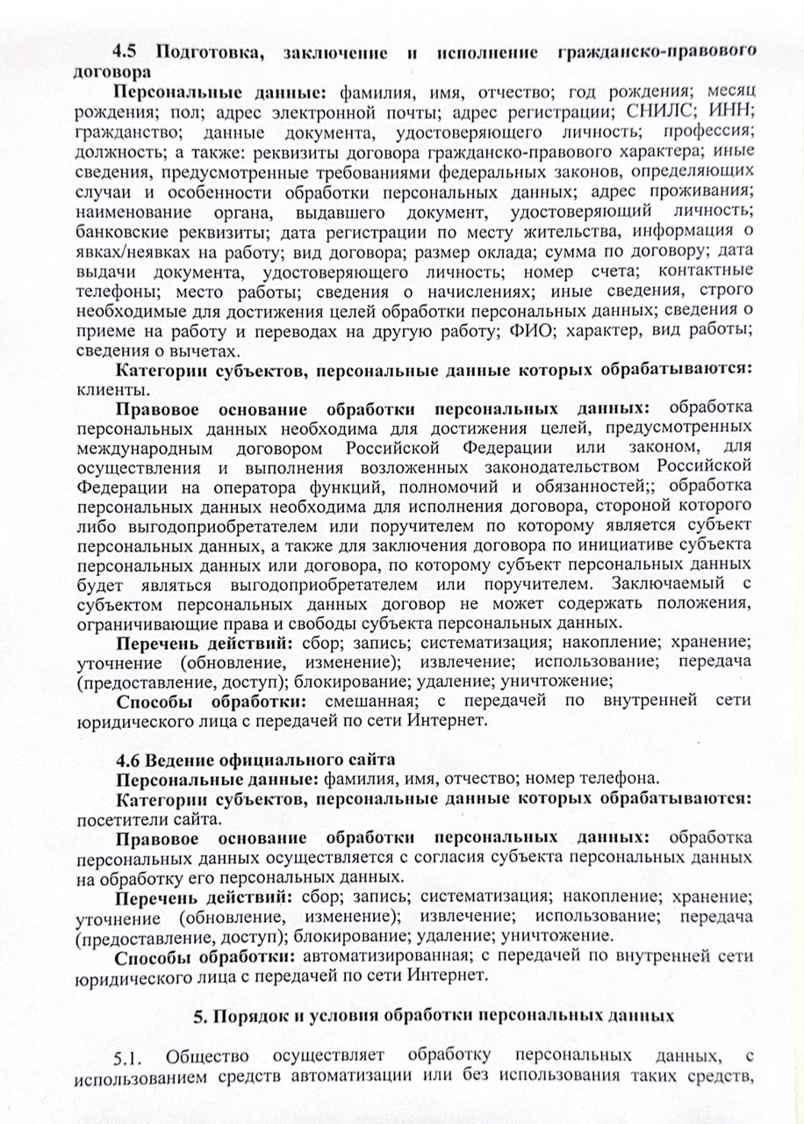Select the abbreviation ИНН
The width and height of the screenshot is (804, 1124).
tap(730, 112)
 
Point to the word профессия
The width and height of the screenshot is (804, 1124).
tap(712, 133)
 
